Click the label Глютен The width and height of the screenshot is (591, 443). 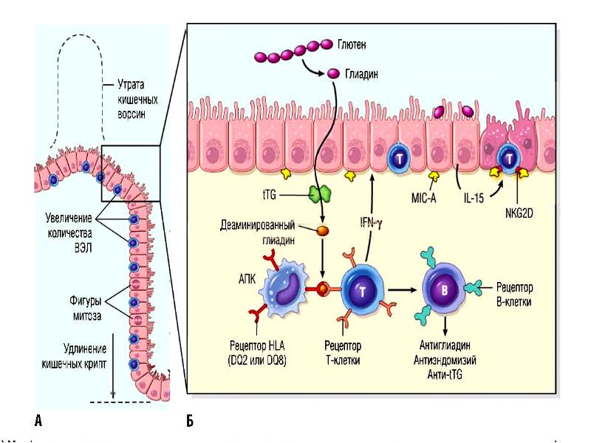351,46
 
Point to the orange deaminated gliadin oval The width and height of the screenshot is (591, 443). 322,230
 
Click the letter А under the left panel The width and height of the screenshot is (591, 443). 38,421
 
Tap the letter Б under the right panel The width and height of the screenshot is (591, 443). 191,421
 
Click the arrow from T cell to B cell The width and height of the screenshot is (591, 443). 399,287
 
